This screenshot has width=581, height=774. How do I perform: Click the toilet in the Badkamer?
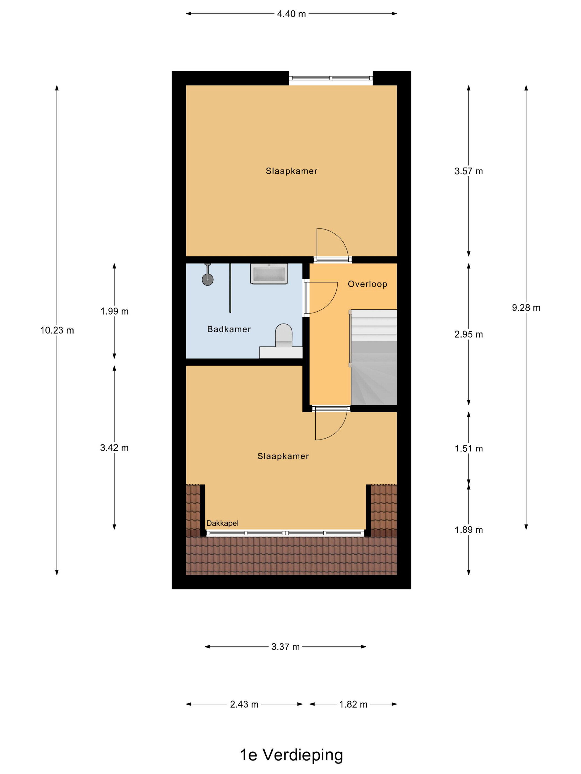[x=283, y=336]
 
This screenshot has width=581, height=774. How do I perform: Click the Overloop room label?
[x=367, y=284]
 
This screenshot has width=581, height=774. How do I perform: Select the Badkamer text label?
[x=229, y=329]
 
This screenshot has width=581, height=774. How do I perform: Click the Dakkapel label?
[x=222, y=523]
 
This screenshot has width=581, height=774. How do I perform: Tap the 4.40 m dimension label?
[x=291, y=14]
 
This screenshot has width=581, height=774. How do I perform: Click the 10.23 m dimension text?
[x=57, y=330]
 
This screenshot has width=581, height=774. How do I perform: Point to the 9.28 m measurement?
[x=526, y=308]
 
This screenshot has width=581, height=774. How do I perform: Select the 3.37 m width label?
[x=286, y=647]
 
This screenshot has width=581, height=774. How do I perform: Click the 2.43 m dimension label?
[x=244, y=704]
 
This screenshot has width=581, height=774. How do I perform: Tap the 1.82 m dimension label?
[x=353, y=704]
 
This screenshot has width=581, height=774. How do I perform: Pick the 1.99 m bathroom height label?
[x=115, y=311]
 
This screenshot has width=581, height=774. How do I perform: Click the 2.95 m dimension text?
[x=469, y=334]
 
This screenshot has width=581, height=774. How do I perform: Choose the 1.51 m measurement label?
[x=469, y=448]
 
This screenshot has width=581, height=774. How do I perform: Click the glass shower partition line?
[x=230, y=288]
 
